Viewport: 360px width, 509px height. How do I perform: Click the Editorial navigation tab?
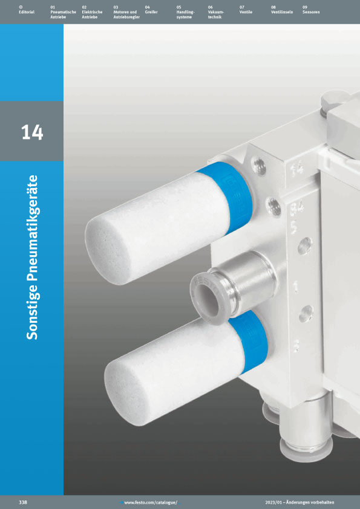pos(26,10)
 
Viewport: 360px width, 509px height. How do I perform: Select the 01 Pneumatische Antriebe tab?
pos(63,12)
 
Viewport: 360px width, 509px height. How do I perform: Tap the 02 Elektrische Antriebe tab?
pos(92,12)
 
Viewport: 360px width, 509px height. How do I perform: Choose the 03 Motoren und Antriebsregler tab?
pos(126,12)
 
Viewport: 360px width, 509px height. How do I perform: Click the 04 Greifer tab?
pos(151,10)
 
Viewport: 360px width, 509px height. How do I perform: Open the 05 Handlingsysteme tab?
pos(185,12)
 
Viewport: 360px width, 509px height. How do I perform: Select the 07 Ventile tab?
pos(246,10)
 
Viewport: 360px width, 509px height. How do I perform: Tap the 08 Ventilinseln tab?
pos(282,10)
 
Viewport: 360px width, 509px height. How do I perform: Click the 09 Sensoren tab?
pos(311,10)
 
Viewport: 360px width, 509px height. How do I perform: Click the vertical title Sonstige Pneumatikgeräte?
pos(32,258)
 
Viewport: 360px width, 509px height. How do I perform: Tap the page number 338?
pos(23,502)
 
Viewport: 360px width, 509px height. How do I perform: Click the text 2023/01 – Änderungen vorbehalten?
pos(299,502)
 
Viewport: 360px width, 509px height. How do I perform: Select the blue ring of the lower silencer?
pos(249,341)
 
